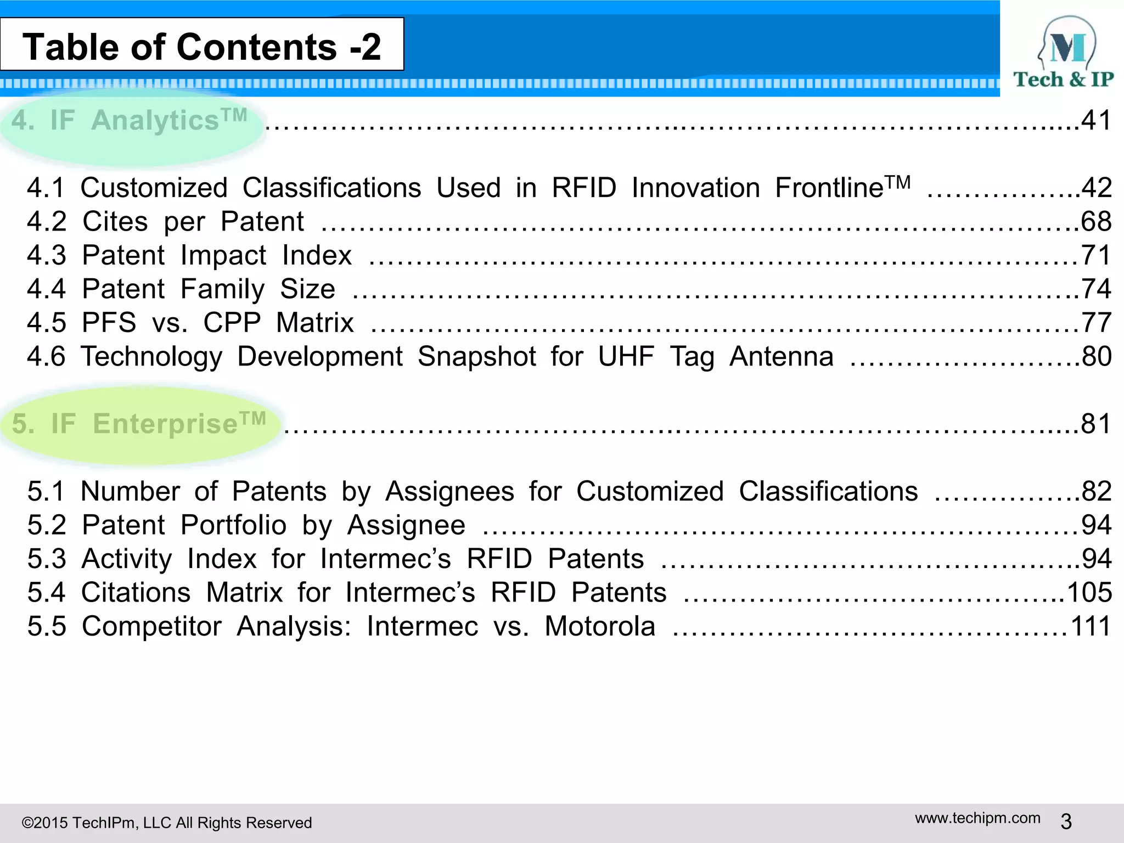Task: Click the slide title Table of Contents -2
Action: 201,46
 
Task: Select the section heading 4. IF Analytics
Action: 130,120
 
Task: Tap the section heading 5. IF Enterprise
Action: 139,424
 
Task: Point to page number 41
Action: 1096,120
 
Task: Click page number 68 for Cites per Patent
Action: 1096,222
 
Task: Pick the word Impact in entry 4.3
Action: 223,256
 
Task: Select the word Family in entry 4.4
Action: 222,289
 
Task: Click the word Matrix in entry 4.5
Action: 314,323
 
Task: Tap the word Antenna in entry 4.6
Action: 781,357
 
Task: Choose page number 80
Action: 1097,357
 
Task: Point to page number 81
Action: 1096,424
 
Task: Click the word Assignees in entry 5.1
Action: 449,491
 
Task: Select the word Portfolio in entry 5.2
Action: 233,525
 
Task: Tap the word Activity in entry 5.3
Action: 127,559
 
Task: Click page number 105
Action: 1089,593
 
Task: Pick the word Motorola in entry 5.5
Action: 600,626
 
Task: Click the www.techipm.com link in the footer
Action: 977,818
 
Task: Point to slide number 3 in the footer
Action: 1066,822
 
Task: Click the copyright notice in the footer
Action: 166,823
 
